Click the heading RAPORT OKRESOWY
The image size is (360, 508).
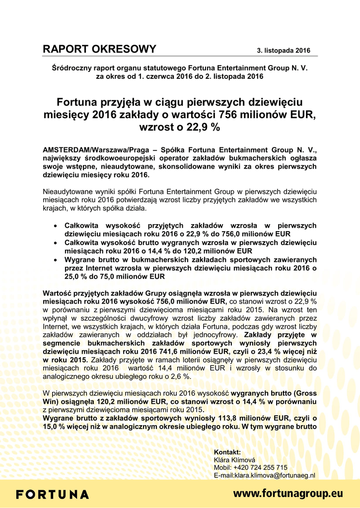tap(99, 49)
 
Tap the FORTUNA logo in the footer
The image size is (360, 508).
tap(53, 495)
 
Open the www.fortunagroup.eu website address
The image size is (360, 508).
tap(288, 494)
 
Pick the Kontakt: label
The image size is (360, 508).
tap(227, 452)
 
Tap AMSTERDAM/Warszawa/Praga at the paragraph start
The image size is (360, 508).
tap(94, 150)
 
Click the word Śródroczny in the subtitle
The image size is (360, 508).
tap(70, 68)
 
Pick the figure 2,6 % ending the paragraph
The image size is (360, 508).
tap(180, 377)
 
